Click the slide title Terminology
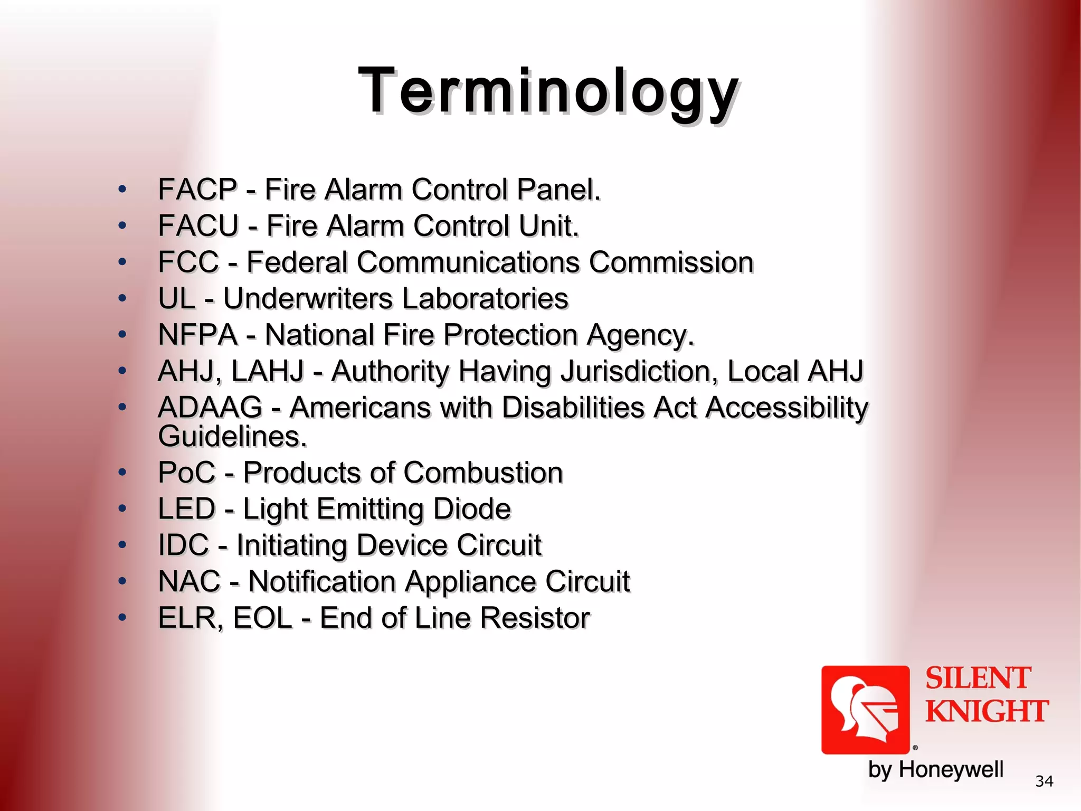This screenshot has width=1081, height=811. coord(548,91)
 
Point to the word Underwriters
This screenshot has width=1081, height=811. coord(307,298)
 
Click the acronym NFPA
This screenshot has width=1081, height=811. coord(197,335)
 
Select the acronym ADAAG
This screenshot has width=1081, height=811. coord(210,408)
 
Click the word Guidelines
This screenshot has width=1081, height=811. coord(232,437)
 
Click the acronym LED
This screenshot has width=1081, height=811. coord(187,509)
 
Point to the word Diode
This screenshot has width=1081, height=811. coord(472,509)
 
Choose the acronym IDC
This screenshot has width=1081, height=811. coord(184,545)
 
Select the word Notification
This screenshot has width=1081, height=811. coord(322,581)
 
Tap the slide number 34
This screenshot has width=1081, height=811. coord(1044,781)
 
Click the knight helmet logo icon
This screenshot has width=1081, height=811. coord(865,710)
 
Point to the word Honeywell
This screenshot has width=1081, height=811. coord(951,770)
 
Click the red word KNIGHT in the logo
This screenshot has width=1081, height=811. coord(987,711)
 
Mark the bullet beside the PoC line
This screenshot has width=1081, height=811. coord(122,472)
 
